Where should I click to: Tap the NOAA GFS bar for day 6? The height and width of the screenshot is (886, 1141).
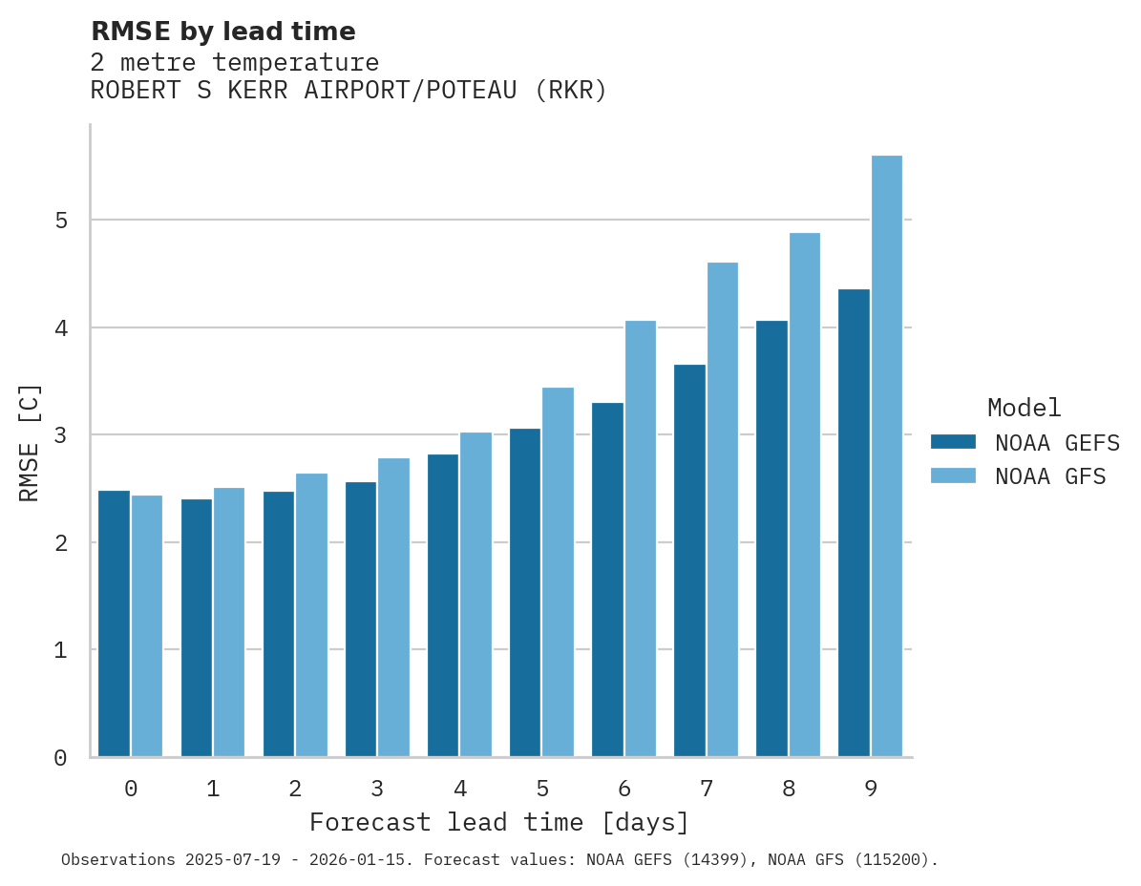click(641, 538)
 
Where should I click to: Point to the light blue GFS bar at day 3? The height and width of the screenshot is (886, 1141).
click(394, 607)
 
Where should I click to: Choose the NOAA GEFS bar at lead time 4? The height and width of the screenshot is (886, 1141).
click(443, 605)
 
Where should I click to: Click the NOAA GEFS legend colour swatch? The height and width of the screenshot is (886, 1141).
click(953, 442)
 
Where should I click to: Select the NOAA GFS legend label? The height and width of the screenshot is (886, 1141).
click(1050, 476)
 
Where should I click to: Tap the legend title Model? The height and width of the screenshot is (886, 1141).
click(1024, 408)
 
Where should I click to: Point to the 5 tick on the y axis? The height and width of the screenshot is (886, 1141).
click(60, 221)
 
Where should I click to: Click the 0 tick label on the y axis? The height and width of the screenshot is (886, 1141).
click(60, 758)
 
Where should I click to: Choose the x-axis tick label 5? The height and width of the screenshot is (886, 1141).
click(542, 790)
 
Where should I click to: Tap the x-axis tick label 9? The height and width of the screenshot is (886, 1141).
click(871, 790)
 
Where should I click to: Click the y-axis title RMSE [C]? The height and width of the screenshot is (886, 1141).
click(31, 442)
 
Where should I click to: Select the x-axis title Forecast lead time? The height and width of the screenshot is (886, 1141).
click(498, 822)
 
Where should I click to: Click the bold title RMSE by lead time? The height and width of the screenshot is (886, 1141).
click(222, 32)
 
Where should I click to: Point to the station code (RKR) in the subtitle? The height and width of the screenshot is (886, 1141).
click(570, 91)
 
